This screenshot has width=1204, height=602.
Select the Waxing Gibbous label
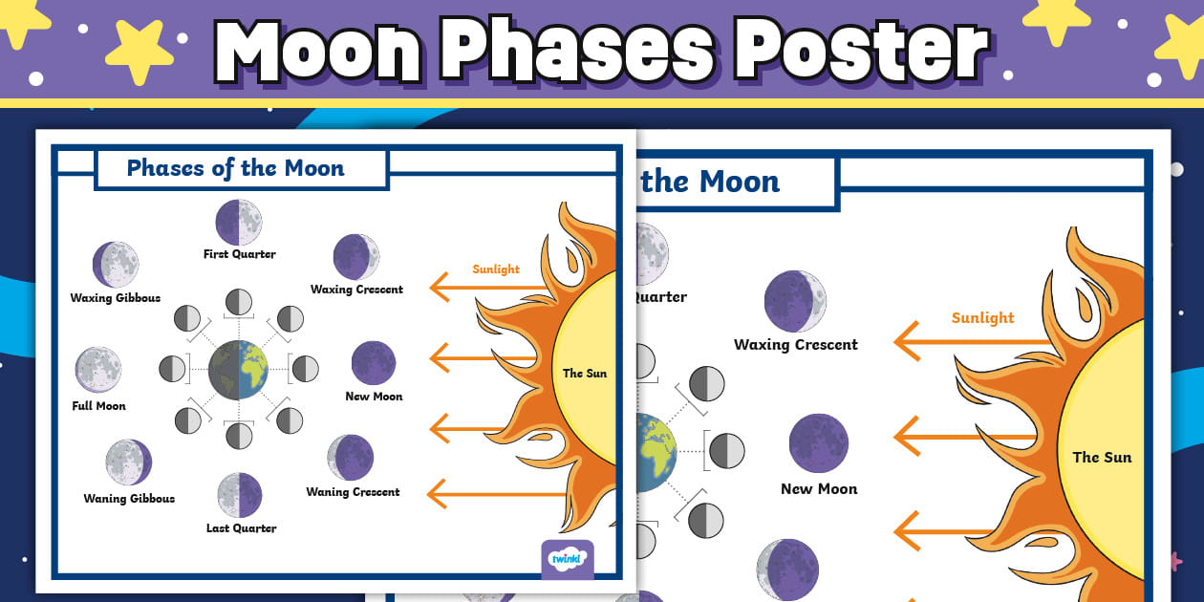pos(116,298)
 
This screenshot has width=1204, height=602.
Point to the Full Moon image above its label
pos(98,370)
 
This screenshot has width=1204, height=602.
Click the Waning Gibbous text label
pos(129,498)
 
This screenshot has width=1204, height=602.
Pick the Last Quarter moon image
pos(239,495)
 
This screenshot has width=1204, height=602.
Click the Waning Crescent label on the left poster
pos(353,492)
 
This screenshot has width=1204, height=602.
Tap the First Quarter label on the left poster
pos(239,254)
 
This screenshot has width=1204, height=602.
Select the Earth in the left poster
pos(239,369)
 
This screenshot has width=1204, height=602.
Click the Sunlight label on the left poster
pos(496,269)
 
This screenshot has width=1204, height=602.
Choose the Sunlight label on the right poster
pos(982,318)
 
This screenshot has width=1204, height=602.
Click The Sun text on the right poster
pos(1102,457)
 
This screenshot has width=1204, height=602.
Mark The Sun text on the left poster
pos(585,373)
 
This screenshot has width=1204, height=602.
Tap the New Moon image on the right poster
pos(819,443)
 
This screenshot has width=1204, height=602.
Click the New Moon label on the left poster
pos(374,397)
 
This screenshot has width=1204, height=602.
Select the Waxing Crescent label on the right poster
pos(796,345)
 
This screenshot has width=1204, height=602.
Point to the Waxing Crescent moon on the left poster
pos(356,257)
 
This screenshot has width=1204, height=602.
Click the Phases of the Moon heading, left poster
pos(235,168)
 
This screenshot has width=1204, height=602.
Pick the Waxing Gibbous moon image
pos(116,265)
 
